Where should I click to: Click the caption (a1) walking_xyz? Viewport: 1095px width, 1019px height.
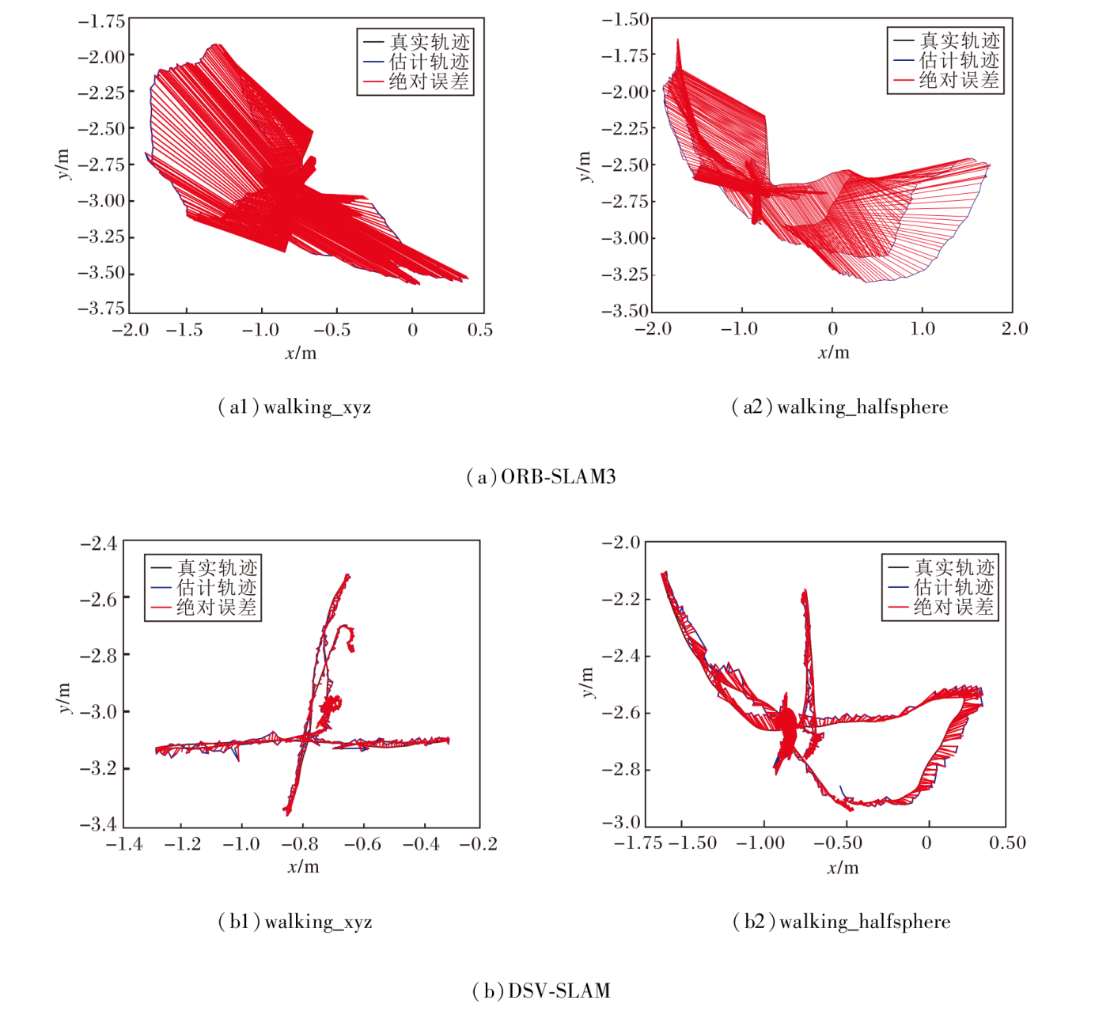[294, 407]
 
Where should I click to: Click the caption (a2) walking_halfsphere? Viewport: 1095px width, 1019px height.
[839, 407]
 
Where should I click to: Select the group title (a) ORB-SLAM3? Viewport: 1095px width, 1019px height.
[541, 477]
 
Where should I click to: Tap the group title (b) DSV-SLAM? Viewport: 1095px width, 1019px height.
[541, 991]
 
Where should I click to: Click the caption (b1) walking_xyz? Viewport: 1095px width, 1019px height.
[294, 922]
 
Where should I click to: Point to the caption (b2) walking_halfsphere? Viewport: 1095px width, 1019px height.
[842, 922]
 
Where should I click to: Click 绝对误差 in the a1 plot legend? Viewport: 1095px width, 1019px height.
[429, 81]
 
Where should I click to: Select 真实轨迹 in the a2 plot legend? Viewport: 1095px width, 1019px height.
[959, 40]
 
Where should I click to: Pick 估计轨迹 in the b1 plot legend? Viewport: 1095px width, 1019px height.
[216, 588]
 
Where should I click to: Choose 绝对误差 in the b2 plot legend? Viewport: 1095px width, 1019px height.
[954, 608]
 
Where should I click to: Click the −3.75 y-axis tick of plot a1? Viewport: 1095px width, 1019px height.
[101, 308]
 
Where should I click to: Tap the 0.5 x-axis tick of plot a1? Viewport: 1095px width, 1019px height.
[479, 330]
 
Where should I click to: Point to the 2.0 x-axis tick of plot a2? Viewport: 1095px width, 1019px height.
[1014, 328]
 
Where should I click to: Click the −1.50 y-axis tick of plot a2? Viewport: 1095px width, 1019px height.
[625, 19]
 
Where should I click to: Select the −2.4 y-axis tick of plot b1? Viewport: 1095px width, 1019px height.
[98, 544]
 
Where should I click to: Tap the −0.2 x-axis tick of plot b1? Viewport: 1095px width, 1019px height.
[479, 844]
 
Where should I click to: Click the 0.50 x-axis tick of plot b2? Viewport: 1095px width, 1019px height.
[1007, 843]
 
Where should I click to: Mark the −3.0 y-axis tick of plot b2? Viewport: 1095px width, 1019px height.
[621, 822]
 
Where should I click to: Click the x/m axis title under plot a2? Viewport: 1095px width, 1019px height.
[833, 353]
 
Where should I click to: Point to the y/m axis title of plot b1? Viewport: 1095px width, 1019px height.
[64, 699]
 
